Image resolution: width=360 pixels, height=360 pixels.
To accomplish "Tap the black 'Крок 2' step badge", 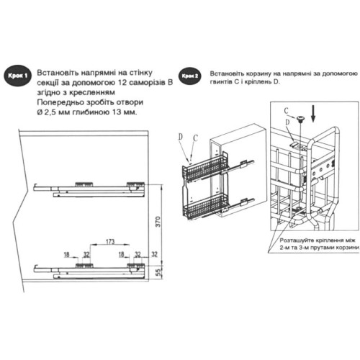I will click(189, 75).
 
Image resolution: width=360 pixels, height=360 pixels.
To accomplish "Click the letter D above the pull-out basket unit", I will click(181, 135).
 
